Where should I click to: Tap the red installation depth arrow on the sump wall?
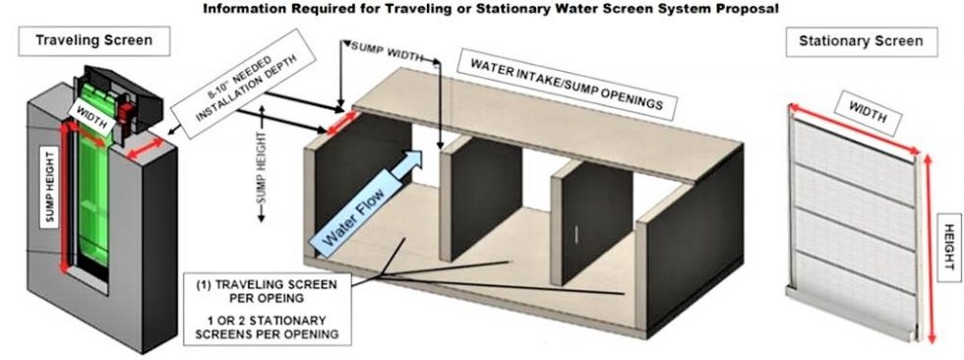331,126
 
